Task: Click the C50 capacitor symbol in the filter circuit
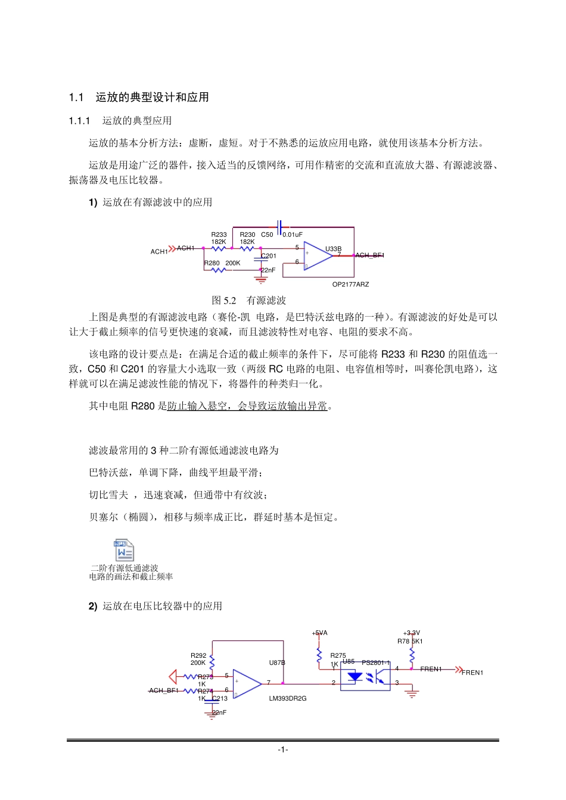(x=279, y=227)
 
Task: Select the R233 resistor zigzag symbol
(x=218, y=249)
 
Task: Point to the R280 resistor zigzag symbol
(x=218, y=270)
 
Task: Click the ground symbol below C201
(x=261, y=279)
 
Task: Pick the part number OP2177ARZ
(x=350, y=285)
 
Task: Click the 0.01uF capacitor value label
(x=293, y=235)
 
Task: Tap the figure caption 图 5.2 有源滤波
(x=249, y=301)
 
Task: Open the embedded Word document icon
(x=124, y=550)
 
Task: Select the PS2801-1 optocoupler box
(x=365, y=677)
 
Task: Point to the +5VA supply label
(x=320, y=633)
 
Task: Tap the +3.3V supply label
(x=412, y=633)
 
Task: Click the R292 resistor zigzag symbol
(x=212, y=662)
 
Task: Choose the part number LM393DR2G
(x=288, y=699)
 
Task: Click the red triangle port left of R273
(x=173, y=677)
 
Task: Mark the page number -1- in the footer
(x=283, y=749)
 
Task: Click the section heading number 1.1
(x=76, y=98)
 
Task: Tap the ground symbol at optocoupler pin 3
(x=412, y=693)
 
